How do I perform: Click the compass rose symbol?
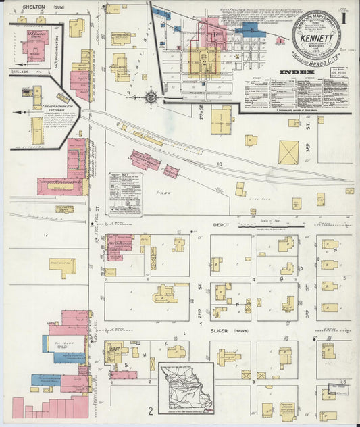(x=151, y=97)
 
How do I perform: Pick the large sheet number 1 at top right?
(x=346, y=15)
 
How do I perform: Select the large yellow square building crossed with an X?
(x=289, y=152)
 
